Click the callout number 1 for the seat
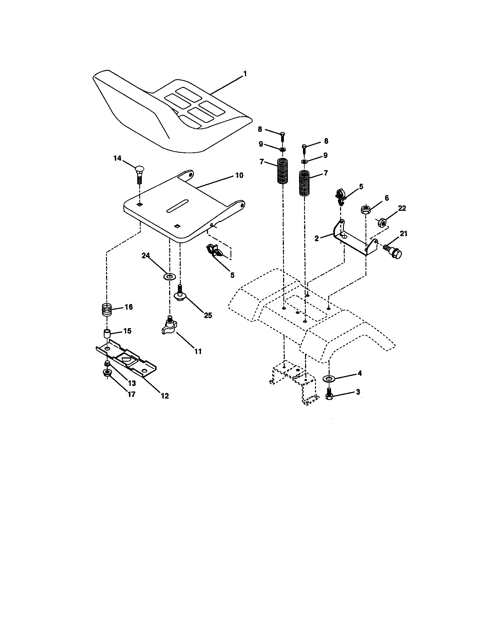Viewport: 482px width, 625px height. pyautogui.click(x=244, y=74)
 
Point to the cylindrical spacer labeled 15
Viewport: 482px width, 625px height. pyautogui.click(x=107, y=334)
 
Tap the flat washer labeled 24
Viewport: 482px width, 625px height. pyautogui.click(x=169, y=277)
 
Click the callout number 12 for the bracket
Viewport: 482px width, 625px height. pyautogui.click(x=165, y=396)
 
